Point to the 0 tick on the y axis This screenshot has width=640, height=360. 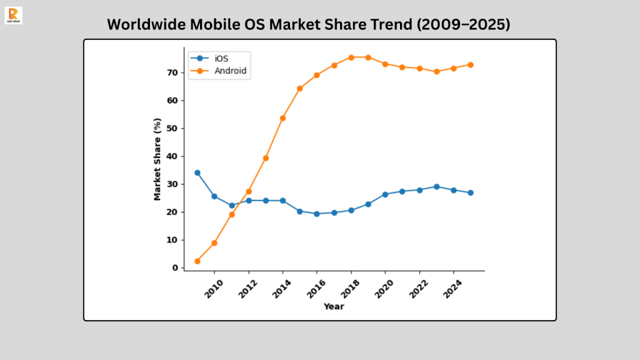(x=176, y=267)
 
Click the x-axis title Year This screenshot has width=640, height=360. (x=334, y=306)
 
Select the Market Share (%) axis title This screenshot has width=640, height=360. (x=157, y=159)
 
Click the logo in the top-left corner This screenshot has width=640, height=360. (x=12, y=15)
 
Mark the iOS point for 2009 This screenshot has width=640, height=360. (x=197, y=172)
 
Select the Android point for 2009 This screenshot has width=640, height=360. (x=197, y=261)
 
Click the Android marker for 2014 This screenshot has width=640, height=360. (x=282, y=118)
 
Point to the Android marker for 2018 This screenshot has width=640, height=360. (x=351, y=57)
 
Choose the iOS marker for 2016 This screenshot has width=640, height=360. (x=317, y=214)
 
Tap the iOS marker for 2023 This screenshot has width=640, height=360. (x=437, y=187)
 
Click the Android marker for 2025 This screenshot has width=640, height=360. (x=471, y=65)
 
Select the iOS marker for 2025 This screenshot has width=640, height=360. (x=471, y=193)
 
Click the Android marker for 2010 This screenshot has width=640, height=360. (x=214, y=243)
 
